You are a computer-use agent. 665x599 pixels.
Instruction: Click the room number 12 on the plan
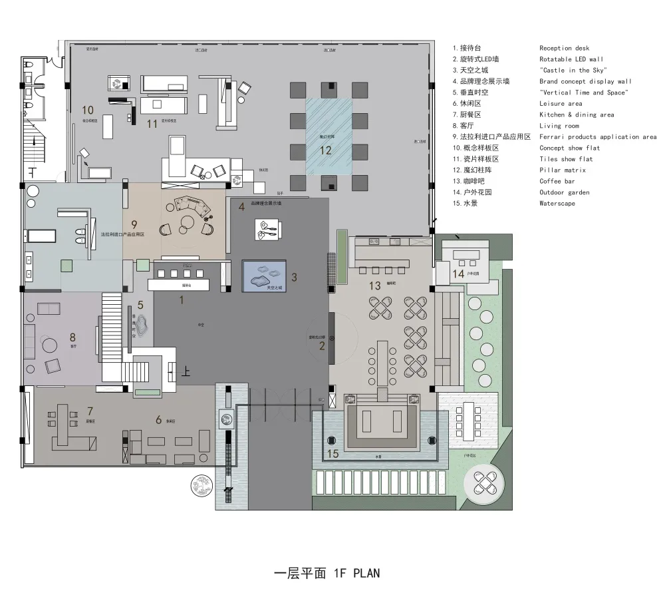point(325,150)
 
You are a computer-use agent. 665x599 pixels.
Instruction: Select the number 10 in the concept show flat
point(88,109)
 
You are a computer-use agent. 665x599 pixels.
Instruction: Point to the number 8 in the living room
point(72,337)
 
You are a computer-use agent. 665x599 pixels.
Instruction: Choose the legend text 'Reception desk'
point(564,48)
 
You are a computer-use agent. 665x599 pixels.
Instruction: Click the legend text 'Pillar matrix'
point(562,170)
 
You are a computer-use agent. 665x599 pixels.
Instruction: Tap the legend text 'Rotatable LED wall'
point(571,59)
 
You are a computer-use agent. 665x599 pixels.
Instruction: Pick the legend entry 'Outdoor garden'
point(564,192)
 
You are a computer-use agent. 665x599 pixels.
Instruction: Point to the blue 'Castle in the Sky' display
point(264,276)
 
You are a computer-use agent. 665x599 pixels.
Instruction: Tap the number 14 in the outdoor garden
point(458,274)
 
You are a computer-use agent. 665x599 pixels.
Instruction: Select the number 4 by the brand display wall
point(241,207)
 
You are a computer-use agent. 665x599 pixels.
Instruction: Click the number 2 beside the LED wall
point(322,345)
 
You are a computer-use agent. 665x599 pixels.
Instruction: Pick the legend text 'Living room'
point(559,126)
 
